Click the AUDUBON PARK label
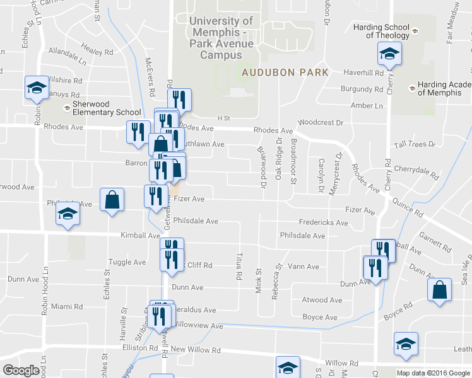(285, 72)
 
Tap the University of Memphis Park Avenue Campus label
(222, 38)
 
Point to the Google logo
(21, 370)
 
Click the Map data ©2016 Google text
(433, 373)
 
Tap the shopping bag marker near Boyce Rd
(440, 290)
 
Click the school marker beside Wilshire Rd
(37, 88)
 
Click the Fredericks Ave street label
(323, 223)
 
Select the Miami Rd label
(67, 307)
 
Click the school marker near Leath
(405, 343)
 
